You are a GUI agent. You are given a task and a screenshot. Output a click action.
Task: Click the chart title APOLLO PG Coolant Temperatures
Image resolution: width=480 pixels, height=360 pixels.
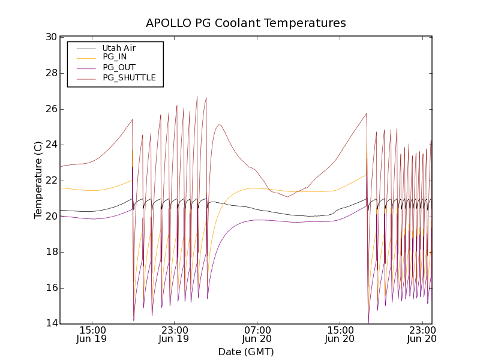click(246, 23)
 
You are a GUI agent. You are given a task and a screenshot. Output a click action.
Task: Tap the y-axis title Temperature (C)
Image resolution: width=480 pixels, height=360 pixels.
click(38, 180)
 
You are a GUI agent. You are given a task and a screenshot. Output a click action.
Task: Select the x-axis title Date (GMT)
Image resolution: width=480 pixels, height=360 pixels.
click(246, 352)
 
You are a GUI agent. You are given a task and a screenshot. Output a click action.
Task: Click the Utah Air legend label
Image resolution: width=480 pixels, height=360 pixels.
click(123, 48)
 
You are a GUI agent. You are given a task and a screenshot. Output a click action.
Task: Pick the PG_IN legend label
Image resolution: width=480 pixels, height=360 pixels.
click(115, 57)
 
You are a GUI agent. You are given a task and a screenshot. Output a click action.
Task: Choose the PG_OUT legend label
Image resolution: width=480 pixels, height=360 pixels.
click(119, 67)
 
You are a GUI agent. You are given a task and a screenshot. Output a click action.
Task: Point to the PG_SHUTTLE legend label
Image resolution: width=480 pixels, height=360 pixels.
click(129, 77)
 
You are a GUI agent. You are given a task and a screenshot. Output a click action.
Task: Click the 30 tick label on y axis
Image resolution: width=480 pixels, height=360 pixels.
click(51, 37)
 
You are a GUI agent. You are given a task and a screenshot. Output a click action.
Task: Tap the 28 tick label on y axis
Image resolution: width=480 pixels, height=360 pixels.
click(51, 73)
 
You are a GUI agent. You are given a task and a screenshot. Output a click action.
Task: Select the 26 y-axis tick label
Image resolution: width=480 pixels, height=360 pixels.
click(51, 109)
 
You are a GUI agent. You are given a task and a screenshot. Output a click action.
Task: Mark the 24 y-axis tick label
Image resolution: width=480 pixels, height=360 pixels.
click(51, 145)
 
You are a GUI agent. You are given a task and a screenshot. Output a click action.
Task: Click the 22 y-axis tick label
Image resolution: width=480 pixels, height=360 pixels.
click(51, 181)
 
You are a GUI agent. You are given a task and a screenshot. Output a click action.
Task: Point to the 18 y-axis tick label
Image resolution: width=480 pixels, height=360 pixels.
click(51, 252)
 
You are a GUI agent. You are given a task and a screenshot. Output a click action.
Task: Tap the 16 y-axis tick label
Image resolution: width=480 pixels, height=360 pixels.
click(51, 288)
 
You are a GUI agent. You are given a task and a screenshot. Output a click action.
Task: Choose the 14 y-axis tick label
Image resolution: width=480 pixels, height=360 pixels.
click(51, 324)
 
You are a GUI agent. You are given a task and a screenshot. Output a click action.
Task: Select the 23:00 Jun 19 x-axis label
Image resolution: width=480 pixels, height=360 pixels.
click(174, 334)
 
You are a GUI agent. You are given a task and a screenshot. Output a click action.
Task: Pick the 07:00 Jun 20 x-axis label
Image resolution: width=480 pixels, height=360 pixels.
click(257, 334)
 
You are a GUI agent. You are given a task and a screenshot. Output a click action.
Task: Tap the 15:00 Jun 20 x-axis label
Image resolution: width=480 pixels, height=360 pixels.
click(340, 334)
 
